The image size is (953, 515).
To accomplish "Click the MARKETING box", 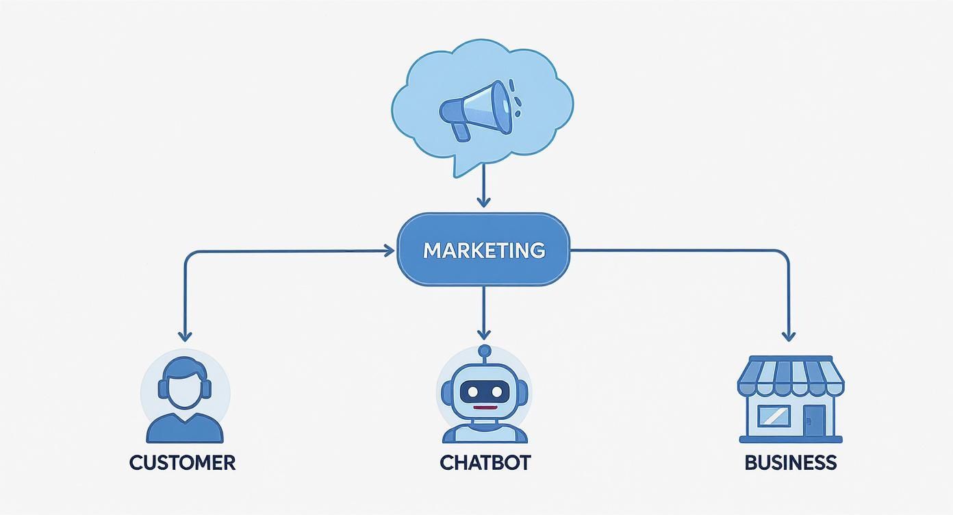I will (483, 250).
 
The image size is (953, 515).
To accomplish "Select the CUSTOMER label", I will (182, 462).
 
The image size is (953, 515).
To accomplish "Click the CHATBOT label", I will (485, 462).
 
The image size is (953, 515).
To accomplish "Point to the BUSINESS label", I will (790, 462).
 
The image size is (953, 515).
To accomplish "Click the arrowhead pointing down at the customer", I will (184, 336).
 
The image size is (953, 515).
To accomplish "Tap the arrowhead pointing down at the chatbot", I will (484, 334).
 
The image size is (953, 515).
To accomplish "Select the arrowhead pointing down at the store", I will (789, 336).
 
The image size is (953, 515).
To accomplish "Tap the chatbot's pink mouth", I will (485, 408).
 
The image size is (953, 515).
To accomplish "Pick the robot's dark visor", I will (485, 392).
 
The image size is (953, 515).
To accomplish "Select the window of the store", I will (775, 416).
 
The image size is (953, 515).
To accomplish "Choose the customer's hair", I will (185, 367).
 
